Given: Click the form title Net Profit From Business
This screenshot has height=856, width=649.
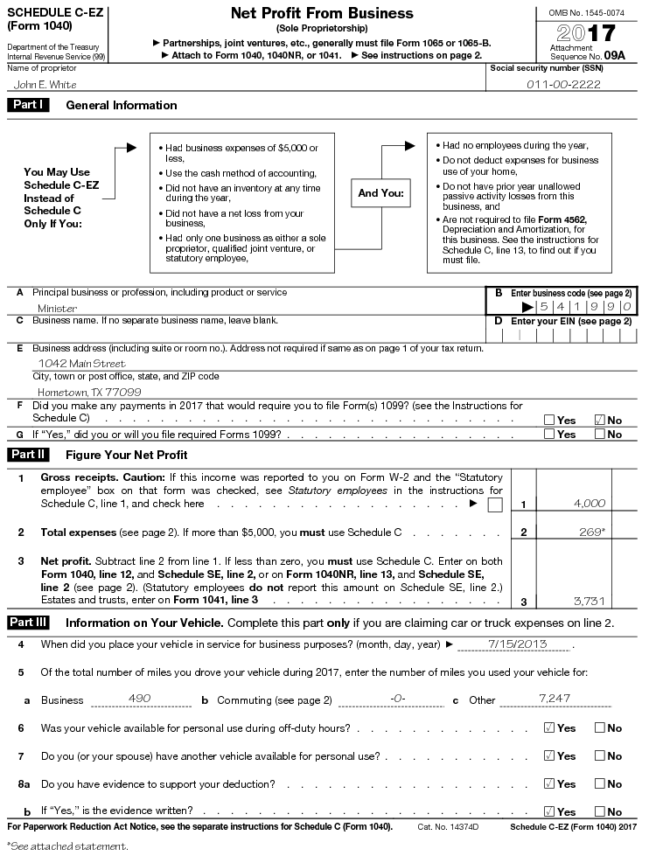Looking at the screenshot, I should pos(321,13).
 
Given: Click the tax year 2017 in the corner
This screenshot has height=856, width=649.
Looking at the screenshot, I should pos(586,34).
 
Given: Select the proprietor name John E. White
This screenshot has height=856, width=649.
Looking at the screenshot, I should pos(45,85).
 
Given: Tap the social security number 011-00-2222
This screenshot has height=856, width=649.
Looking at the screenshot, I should pos(562,85).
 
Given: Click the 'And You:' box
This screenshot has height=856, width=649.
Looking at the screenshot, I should pos(380,192).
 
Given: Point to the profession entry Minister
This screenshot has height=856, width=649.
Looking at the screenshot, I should pos(57,308).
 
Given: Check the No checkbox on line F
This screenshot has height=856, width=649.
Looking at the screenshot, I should pos(599,420).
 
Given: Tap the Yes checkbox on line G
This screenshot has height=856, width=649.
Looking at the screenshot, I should pos(549,434).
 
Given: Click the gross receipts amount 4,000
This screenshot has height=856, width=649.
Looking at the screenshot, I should pos(589,504).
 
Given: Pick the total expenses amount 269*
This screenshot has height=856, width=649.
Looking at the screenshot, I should pos(591,532).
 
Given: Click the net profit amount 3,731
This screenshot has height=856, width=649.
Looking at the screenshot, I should pos(589,601).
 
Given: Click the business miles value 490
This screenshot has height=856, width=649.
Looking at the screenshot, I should pos(139,699).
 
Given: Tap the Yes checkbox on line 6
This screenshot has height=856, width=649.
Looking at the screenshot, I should pos(549,727).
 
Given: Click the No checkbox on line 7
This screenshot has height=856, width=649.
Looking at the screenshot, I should pos(599,755).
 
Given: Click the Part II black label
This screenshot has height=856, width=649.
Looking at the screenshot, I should pos(29,455).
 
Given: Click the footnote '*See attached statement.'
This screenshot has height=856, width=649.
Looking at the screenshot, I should pos(67,846).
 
